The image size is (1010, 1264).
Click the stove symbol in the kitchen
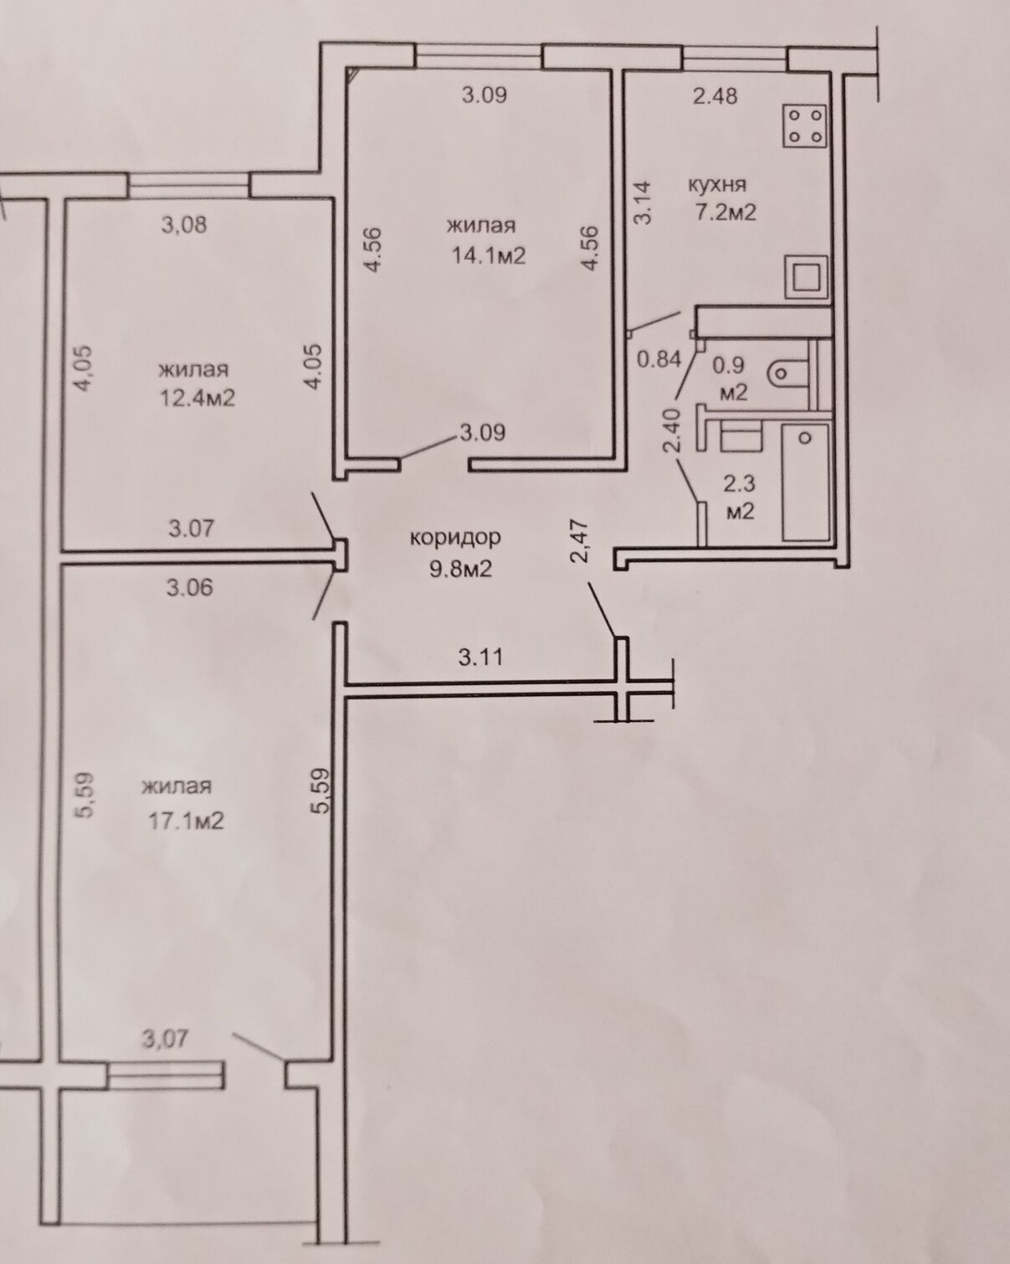[x=804, y=125]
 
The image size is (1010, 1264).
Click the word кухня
[x=717, y=186]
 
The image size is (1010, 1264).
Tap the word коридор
[x=455, y=537]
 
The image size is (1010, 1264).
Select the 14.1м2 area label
[x=488, y=256]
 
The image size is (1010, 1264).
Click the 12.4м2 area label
[x=197, y=399]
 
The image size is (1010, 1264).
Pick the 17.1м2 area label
[x=186, y=821]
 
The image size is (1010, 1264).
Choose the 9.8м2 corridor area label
[x=460, y=569]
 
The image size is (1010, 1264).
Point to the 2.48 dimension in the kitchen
[x=715, y=95]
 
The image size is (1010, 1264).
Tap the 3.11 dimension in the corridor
[x=480, y=658]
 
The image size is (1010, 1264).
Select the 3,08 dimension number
[x=184, y=225]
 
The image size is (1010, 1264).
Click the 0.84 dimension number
[x=660, y=359]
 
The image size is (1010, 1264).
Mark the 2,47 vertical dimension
[x=581, y=541]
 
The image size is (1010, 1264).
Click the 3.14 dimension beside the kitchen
[x=643, y=202]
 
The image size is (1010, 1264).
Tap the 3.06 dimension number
[x=189, y=588]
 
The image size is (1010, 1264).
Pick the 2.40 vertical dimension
[x=672, y=431]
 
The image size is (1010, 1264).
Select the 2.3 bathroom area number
[x=739, y=484]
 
